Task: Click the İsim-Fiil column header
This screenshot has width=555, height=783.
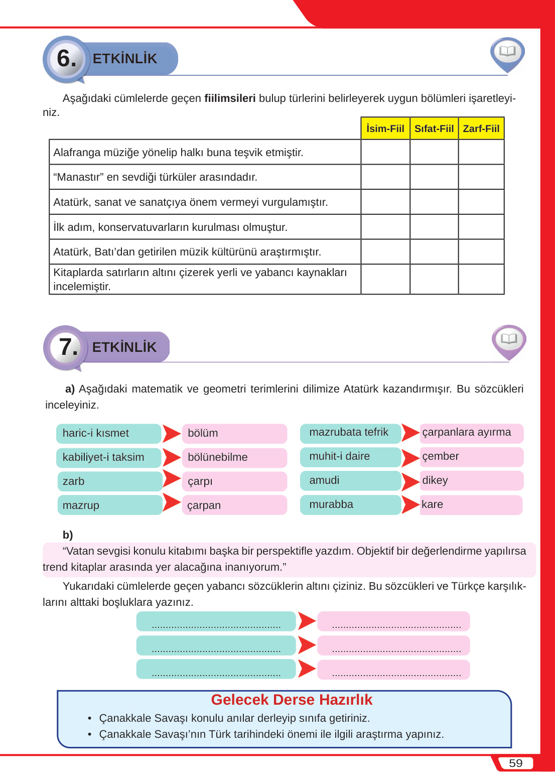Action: pyautogui.click(x=385, y=128)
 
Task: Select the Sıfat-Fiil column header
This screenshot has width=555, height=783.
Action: pyautogui.click(x=434, y=128)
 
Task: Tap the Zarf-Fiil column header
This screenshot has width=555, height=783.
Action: pyautogui.click(x=481, y=128)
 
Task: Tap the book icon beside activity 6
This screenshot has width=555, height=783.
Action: pyautogui.click(x=507, y=52)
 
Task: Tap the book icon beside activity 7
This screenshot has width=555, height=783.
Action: pyautogui.click(x=509, y=339)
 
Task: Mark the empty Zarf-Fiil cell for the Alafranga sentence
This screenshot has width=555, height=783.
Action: pyautogui.click(x=481, y=152)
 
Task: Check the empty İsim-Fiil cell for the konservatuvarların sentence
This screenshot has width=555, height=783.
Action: pyautogui.click(x=385, y=227)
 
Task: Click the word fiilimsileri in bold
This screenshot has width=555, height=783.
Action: pyautogui.click(x=230, y=98)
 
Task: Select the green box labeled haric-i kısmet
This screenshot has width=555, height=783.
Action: pyautogui.click(x=108, y=433)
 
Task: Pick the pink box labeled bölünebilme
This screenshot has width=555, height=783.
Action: pyautogui.click(x=234, y=457)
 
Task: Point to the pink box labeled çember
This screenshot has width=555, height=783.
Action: pyautogui.click(x=471, y=456)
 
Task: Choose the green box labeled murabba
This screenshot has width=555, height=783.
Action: pyautogui.click(x=350, y=504)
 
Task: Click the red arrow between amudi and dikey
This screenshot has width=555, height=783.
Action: pyautogui.click(x=410, y=481)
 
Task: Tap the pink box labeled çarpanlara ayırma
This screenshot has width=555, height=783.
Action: pyautogui.click(x=471, y=433)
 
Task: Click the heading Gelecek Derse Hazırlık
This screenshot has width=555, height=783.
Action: pyautogui.click(x=292, y=700)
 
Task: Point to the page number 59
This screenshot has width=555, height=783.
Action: pyautogui.click(x=515, y=763)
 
